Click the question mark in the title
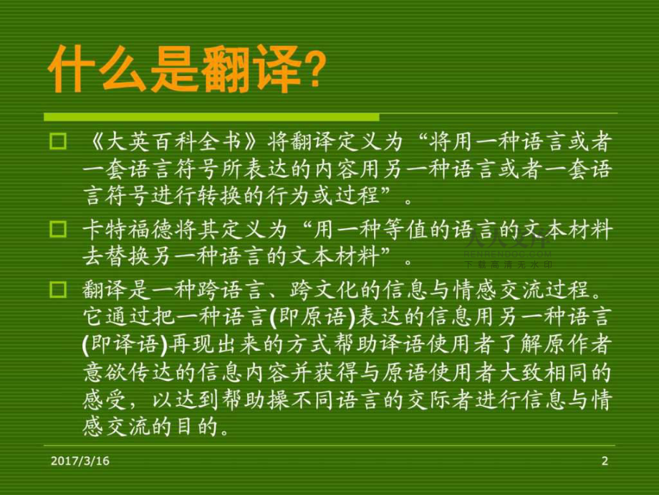click(313, 72)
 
